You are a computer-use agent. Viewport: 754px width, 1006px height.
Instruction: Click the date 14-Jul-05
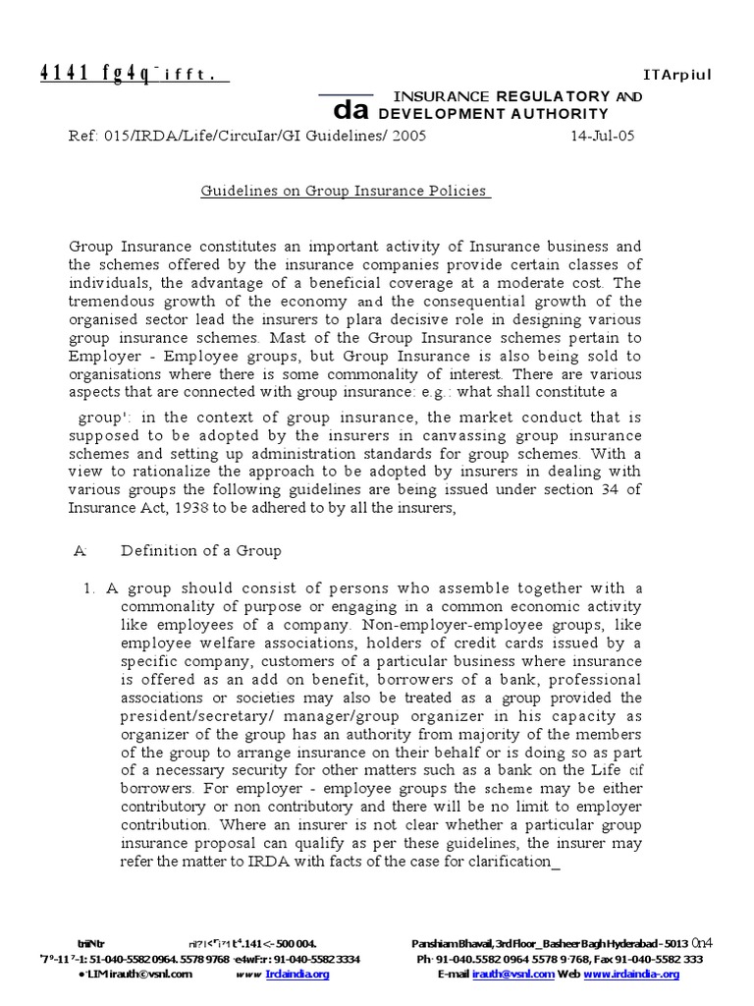tap(603, 137)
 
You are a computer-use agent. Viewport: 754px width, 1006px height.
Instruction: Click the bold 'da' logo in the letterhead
tap(350, 112)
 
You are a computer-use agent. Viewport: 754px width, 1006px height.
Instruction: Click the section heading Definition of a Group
tap(200, 551)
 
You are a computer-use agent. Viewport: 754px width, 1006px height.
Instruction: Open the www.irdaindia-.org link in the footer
tap(631, 974)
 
